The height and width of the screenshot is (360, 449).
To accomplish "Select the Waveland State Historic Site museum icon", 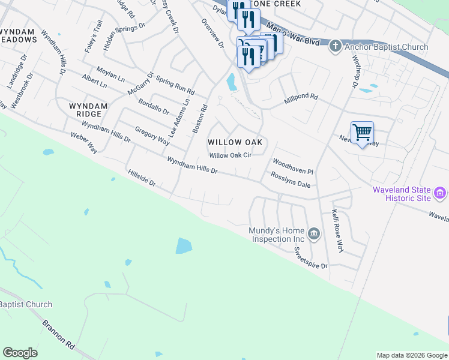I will click(x=440, y=193).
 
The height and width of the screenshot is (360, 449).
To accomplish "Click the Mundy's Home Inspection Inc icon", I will click(x=313, y=233).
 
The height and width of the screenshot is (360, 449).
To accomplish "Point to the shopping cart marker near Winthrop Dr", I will click(x=362, y=132).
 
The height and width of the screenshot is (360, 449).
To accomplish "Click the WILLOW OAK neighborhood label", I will click(x=237, y=142).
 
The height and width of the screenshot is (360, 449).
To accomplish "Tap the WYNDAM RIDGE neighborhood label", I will click(x=89, y=110).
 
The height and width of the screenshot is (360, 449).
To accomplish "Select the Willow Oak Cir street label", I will click(x=229, y=155).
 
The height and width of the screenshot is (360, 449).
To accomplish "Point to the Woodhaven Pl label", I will click(x=293, y=166).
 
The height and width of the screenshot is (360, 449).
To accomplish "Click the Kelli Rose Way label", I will click(x=338, y=231).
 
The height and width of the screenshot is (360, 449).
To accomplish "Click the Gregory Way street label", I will click(x=152, y=136).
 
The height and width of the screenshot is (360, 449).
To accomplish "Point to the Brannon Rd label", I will click(x=59, y=334).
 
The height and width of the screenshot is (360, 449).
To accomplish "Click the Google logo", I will click(x=20, y=353).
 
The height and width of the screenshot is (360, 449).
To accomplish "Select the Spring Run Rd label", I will click(x=175, y=85).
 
